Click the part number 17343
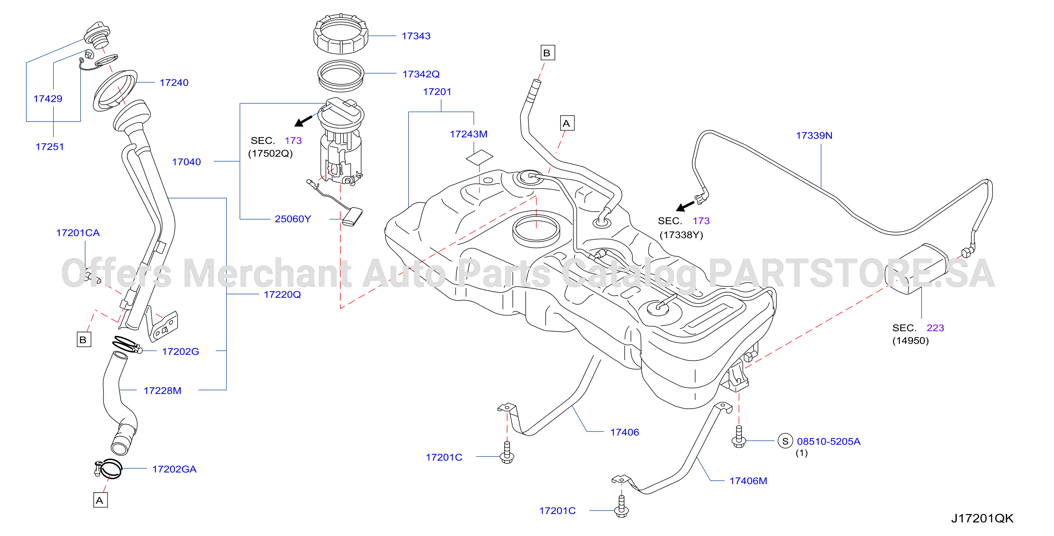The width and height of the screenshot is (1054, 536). point(416,36)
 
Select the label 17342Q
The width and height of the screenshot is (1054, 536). point(421,74)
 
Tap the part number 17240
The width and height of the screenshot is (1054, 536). point(174,83)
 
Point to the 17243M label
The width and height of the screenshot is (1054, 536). point(469,134)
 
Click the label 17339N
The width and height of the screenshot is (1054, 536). point(814,135)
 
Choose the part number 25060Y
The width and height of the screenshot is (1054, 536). point(292,219)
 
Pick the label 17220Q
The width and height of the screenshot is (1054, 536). point(282,295)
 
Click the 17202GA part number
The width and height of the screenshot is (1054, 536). point(174,469)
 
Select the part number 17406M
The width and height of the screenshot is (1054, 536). point(748,481)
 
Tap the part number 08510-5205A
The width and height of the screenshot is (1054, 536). point(828,442)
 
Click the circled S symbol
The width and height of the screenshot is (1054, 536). point(785,441)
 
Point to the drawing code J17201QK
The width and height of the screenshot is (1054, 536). point(982,519)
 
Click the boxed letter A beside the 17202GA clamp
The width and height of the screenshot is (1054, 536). point(100,500)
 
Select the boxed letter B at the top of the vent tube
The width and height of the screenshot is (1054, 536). point(548,53)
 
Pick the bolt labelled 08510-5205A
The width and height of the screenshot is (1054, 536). point(739,437)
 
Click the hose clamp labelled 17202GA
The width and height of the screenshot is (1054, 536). point(108,468)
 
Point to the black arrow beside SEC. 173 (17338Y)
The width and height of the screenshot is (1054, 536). point(685,206)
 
